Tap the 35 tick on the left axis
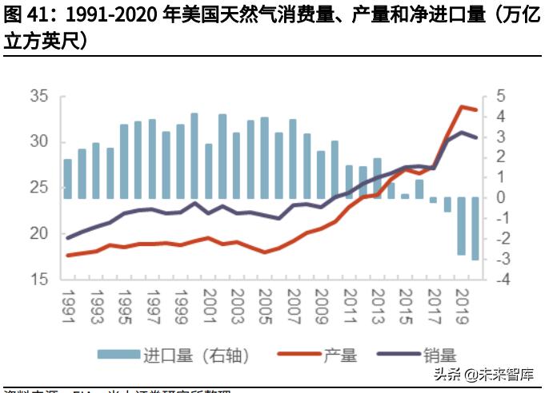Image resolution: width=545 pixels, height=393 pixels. pyautogui.click(x=38, y=97)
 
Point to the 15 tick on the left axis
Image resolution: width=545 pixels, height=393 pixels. pyautogui.click(x=38, y=280)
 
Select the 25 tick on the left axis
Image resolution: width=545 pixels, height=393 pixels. pyautogui.click(x=38, y=189)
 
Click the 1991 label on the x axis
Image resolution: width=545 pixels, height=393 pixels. pyautogui.click(x=69, y=306)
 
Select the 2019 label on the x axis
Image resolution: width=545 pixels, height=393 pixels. pyautogui.click(x=463, y=306)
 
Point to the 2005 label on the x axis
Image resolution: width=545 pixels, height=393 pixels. pyautogui.click(x=266, y=306)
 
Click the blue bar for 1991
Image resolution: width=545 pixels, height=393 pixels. pyautogui.click(x=68, y=178)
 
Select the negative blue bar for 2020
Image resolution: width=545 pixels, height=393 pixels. pyautogui.click(x=475, y=228)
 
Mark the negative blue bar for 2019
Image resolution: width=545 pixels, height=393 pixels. pyautogui.click(x=462, y=226)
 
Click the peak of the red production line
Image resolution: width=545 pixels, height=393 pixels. pyautogui.click(x=463, y=106)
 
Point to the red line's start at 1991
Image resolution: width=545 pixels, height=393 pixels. pyautogui.click(x=68, y=256)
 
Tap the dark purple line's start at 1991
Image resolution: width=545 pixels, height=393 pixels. pyautogui.click(x=68, y=238)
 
